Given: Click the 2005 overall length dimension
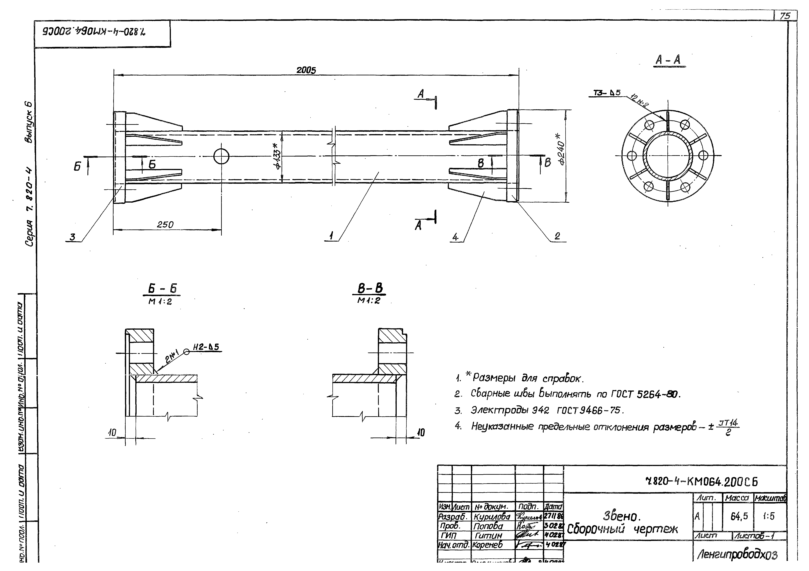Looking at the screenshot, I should (306, 70).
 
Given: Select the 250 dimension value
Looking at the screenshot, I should (165, 224).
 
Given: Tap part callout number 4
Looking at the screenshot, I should (455, 237).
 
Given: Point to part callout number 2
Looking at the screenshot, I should (557, 236).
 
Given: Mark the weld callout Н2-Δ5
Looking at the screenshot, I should (206, 347).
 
